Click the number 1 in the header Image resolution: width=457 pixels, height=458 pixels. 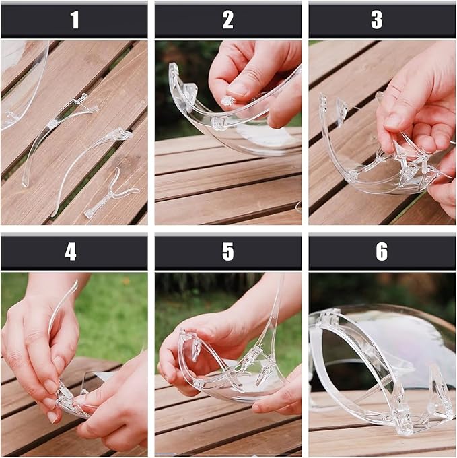[75, 20]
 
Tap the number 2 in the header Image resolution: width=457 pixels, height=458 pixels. [228, 20]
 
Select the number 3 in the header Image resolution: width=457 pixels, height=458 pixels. [376, 20]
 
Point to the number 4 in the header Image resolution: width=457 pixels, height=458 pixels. [71, 252]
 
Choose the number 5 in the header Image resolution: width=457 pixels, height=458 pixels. [228, 252]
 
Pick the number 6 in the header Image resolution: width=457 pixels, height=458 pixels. [382, 252]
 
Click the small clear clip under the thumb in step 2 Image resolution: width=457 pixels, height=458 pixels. [227, 101]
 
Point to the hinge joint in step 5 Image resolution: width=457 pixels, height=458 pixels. [252, 355]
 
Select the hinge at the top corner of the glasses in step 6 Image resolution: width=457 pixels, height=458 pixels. [327, 317]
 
